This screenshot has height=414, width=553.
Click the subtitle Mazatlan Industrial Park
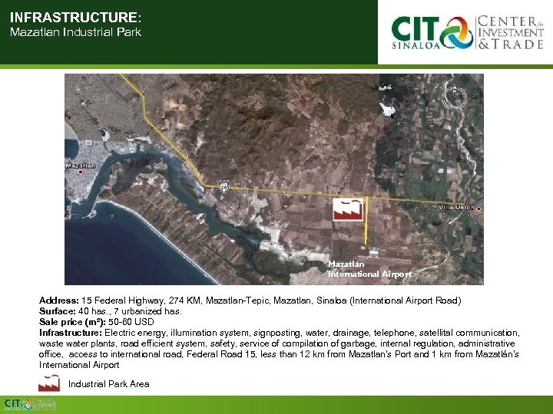[75, 33]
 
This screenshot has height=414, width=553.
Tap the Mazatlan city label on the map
[81, 166]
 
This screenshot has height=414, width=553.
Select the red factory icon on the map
[348, 209]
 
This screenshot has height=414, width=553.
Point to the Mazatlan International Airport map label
[369, 269]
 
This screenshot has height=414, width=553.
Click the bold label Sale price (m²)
[73, 323]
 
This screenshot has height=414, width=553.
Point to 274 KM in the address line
[173, 301]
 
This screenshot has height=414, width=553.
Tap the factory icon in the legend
[50, 383]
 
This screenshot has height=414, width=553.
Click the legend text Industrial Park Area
[109, 384]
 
